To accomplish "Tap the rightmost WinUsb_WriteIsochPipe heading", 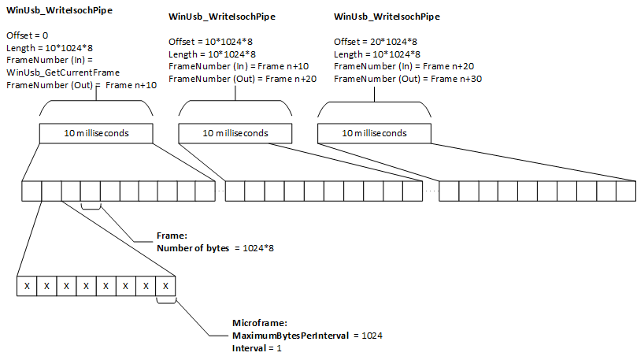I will point(387,17).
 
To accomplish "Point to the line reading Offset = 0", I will point(28,36).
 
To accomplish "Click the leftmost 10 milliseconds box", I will point(96,133).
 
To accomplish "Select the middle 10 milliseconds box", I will point(235,133).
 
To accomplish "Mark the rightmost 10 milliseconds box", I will point(374,133).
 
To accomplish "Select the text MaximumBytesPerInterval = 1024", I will point(307,335).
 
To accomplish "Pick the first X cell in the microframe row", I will point(27,285).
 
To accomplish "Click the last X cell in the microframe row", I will point(165,285).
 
